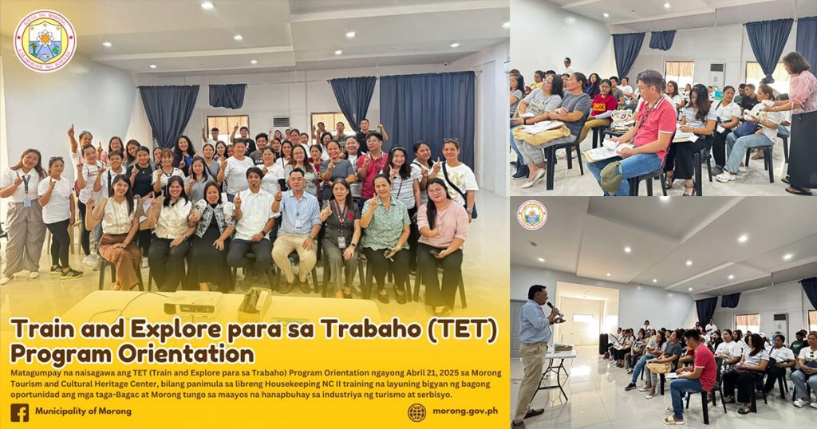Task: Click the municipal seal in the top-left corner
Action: [x=45, y=40]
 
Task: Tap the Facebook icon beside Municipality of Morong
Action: [x=19, y=411]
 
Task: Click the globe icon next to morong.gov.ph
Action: [x=416, y=411]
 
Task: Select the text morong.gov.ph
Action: [x=464, y=411]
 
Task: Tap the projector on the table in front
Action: [x=192, y=306]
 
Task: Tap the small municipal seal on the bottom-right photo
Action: [x=531, y=214]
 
